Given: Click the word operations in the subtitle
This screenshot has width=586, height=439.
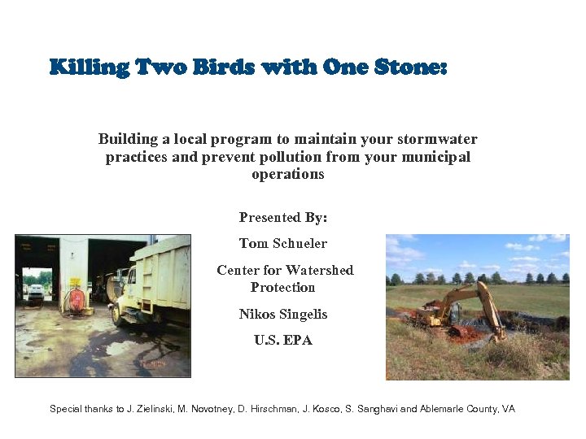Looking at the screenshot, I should (288, 174).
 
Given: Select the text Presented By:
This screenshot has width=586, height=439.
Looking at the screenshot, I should (283, 217).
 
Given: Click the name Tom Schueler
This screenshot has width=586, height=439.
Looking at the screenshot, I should (283, 243).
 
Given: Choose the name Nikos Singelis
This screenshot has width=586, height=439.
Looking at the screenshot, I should (283, 314).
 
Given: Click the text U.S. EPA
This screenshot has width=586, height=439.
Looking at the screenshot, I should (283, 340).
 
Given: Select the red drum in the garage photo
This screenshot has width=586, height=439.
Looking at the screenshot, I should (77, 299).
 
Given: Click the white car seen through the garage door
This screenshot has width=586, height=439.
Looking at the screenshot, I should (35, 291).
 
